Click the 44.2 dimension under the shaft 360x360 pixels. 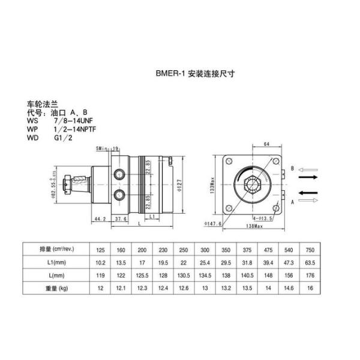coord(100,220)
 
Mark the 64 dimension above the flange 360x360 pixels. coord(265,144)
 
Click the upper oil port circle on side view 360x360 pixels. coord(122,174)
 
